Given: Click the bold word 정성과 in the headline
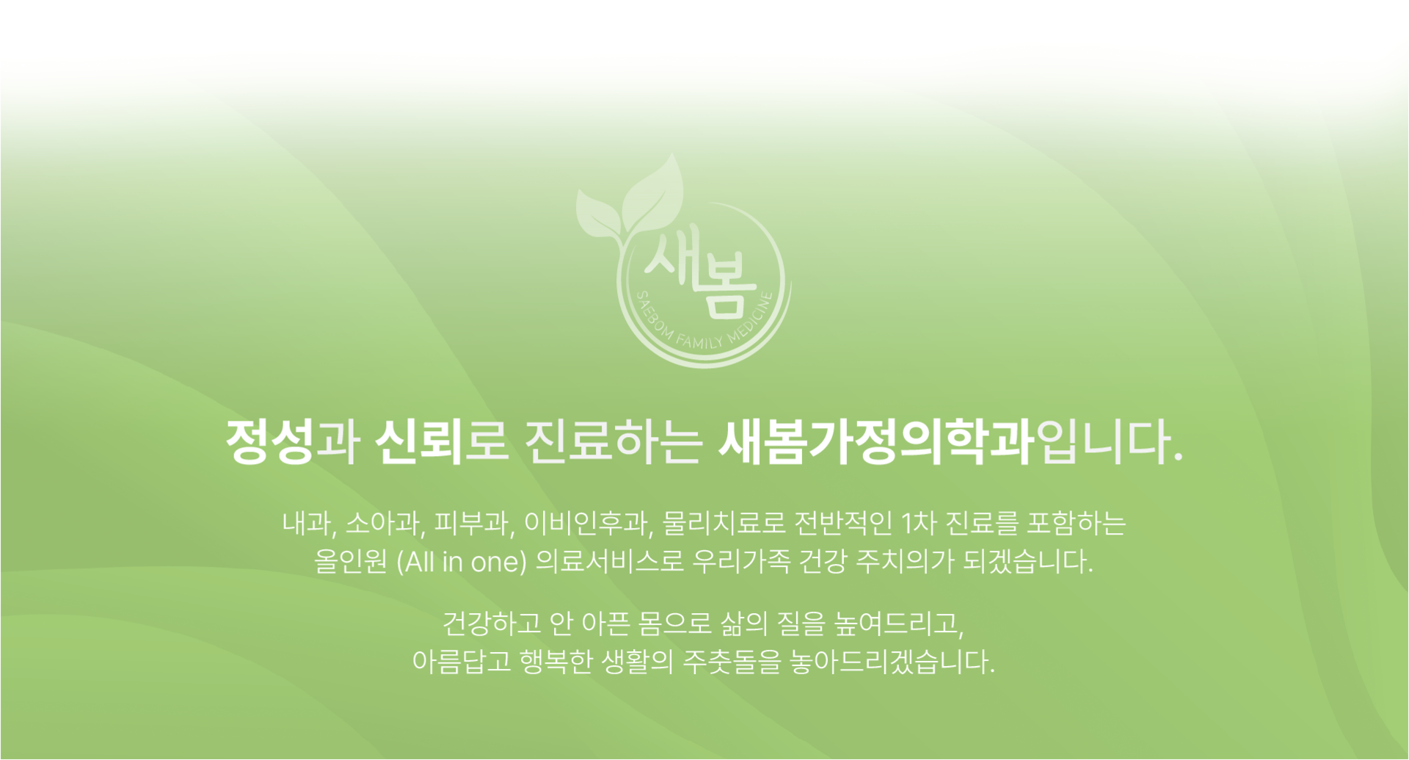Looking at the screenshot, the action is click(x=293, y=442).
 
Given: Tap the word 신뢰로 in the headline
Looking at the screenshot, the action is click(x=442, y=442).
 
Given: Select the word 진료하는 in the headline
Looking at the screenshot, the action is click(x=614, y=442).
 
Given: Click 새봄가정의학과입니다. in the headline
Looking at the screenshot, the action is click(x=951, y=442).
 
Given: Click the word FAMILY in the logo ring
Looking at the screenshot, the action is click(x=699, y=342).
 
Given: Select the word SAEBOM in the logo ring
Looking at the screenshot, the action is click(x=652, y=314).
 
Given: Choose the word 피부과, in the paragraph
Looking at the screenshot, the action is click(x=474, y=524).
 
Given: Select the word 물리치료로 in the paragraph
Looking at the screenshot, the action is click(x=724, y=524).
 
